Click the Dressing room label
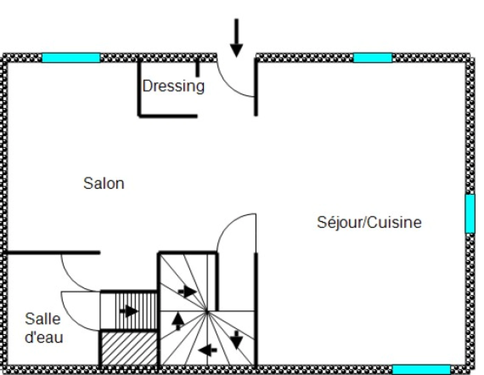click(173, 86)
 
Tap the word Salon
click(104, 183)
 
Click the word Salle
click(43, 319)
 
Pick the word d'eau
click(44, 337)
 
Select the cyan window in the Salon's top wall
click(71, 58)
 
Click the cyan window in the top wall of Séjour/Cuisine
click(373, 58)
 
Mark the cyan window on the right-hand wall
click(470, 214)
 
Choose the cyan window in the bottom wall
click(421, 369)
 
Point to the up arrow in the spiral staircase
click(178, 321)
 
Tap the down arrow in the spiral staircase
click(236, 340)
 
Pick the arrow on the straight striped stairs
click(129, 310)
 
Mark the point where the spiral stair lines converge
click(207, 311)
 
